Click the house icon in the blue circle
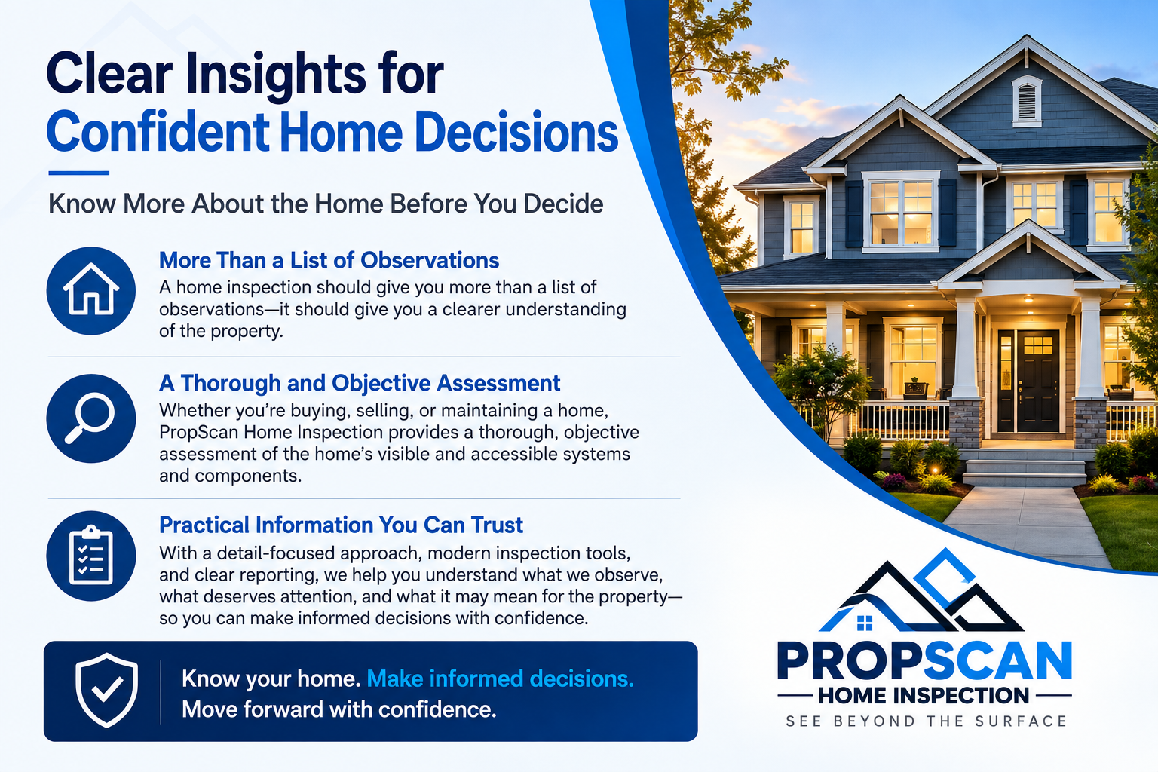click(x=91, y=290)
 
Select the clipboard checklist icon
click(x=91, y=556)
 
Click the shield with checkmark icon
click(x=106, y=691)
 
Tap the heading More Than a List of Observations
click(x=329, y=261)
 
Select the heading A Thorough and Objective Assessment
click(x=360, y=383)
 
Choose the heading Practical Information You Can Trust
click(x=341, y=525)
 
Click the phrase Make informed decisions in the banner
click(x=500, y=679)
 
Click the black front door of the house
click(x=1028, y=381)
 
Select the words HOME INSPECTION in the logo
click(x=924, y=695)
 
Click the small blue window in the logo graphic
click(x=865, y=623)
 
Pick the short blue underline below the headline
click(x=78, y=173)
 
